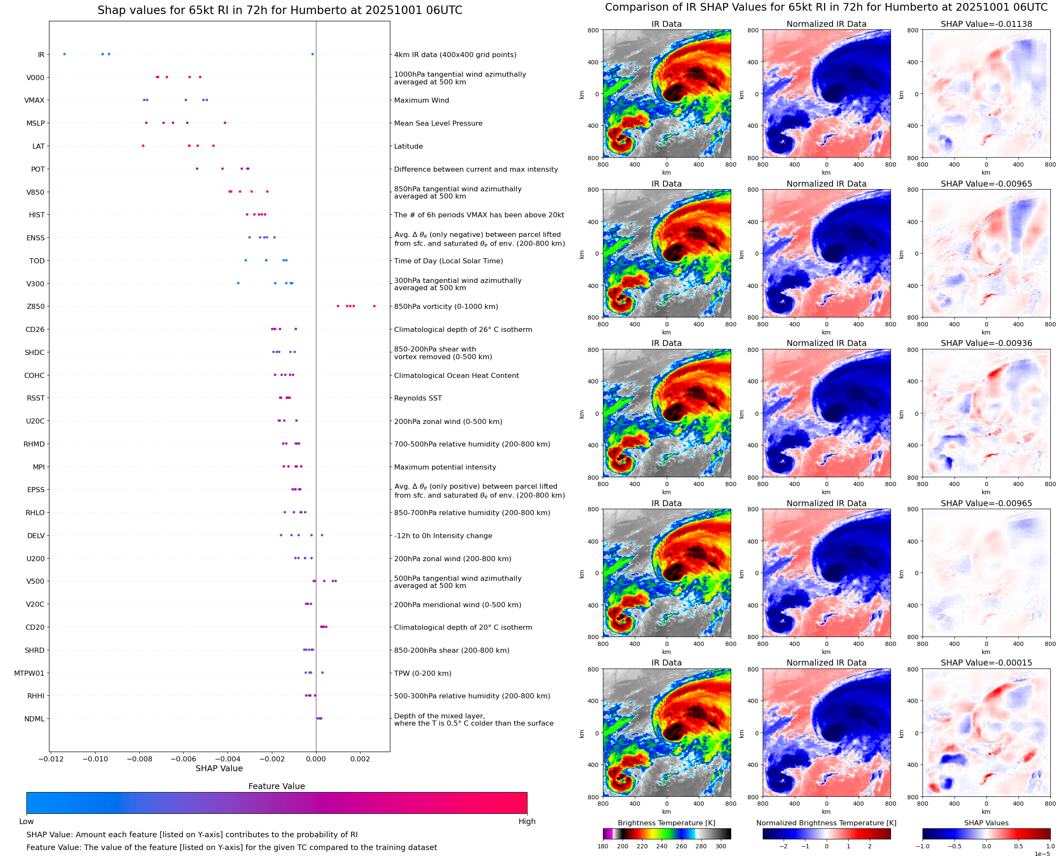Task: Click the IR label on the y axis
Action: pos(41,55)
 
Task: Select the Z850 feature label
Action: pos(35,306)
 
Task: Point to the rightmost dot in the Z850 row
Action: pos(374,306)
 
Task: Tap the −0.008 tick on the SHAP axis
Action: pos(139,759)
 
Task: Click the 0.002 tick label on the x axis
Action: pos(360,759)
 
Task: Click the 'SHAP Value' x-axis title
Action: pos(219,768)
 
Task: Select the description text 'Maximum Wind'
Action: pos(421,100)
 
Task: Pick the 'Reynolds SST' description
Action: pos(418,398)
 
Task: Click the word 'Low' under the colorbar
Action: pos(26,821)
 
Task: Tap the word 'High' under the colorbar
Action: pos(527,821)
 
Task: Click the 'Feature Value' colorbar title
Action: pos(277,786)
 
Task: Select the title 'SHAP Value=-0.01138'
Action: pos(986,24)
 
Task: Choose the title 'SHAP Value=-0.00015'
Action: pos(986,663)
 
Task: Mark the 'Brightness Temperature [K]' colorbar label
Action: pos(666,822)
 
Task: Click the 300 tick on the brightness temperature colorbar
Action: pos(721,846)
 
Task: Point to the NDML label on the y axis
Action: pos(35,719)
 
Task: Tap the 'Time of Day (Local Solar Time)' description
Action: pos(448,261)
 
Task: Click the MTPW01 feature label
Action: pos(29,673)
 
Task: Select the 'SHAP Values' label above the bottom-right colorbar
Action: pos(986,822)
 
